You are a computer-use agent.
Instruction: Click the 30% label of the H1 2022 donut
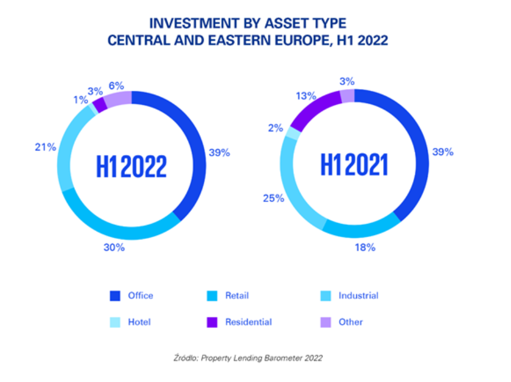coord(114,247)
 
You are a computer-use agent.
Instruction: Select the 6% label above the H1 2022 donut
coord(118,86)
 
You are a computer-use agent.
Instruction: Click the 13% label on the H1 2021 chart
coord(306,96)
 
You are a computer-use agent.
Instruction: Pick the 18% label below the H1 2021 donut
coord(365,247)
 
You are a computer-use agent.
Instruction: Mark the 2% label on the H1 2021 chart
coord(275,128)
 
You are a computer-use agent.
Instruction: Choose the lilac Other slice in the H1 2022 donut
coord(118,98)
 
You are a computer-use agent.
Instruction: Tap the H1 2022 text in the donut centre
coord(132,167)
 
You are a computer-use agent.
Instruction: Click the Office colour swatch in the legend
coord(115,295)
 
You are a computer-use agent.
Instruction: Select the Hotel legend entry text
coord(138,322)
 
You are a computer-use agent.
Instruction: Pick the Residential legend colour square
coord(211,322)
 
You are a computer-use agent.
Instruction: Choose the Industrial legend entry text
coord(358,295)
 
